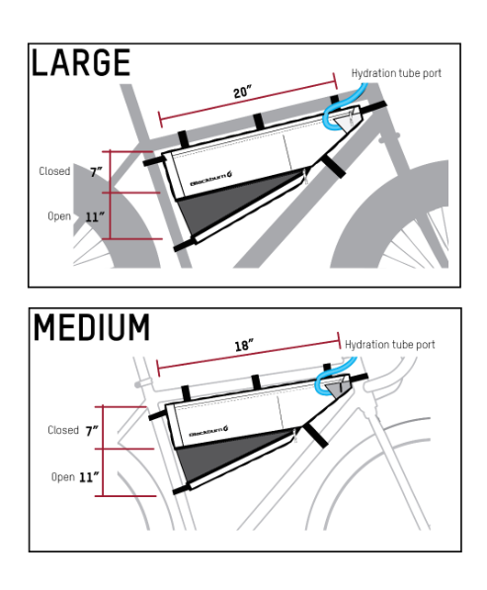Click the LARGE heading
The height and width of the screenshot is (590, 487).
81,62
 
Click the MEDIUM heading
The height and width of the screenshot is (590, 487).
92,327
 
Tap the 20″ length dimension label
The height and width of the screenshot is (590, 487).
242,92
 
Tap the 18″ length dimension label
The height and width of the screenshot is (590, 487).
244,345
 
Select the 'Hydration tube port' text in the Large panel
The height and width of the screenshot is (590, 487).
396,73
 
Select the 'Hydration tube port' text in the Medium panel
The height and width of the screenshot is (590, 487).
390,344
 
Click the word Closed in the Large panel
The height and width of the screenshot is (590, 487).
54,171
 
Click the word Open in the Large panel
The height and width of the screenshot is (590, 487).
59,216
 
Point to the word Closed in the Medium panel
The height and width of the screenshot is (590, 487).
63,430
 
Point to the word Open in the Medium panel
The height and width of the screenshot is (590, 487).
63,477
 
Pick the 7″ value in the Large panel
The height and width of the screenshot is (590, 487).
96,172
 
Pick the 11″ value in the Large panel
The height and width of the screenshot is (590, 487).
95,217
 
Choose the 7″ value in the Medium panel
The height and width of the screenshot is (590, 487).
92,431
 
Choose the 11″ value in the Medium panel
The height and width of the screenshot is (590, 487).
89,477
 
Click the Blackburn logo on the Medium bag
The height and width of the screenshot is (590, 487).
208,431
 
